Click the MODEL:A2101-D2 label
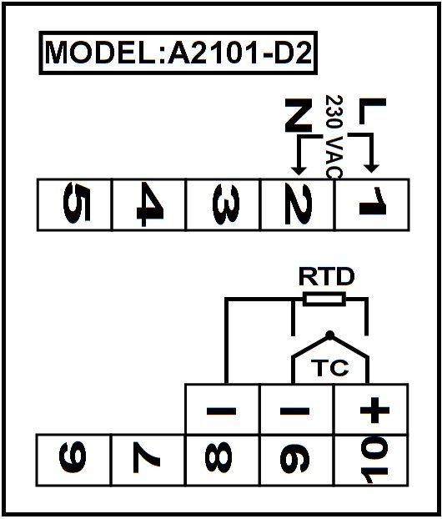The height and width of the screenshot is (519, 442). coord(178,53)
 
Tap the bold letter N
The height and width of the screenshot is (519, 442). coord(299,115)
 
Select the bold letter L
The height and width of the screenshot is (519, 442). coord(373,111)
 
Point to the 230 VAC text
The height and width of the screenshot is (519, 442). coord(334,137)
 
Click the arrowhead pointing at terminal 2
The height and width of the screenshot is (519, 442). coord(299,169)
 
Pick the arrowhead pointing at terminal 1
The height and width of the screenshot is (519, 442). coord(371,168)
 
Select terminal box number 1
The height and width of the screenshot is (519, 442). coord(372,204)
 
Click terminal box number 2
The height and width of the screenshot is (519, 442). coord(298,204)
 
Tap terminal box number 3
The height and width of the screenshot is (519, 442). coord(224,204)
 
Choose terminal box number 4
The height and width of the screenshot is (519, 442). coord(149,204)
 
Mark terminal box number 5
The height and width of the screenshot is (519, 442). coord(75,204)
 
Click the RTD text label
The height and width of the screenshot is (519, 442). coord(327,277)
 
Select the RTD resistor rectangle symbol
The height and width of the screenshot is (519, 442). coord(324,299)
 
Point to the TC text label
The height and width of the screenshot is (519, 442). coord(330,367)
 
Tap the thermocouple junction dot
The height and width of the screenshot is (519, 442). coord(330,335)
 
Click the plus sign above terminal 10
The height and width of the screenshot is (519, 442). coord(374,411)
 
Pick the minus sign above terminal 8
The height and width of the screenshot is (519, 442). coord(221,411)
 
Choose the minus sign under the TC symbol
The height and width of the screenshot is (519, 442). coord(294,411)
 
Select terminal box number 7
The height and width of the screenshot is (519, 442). coord(148,460)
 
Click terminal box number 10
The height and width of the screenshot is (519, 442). coord(371,460)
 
